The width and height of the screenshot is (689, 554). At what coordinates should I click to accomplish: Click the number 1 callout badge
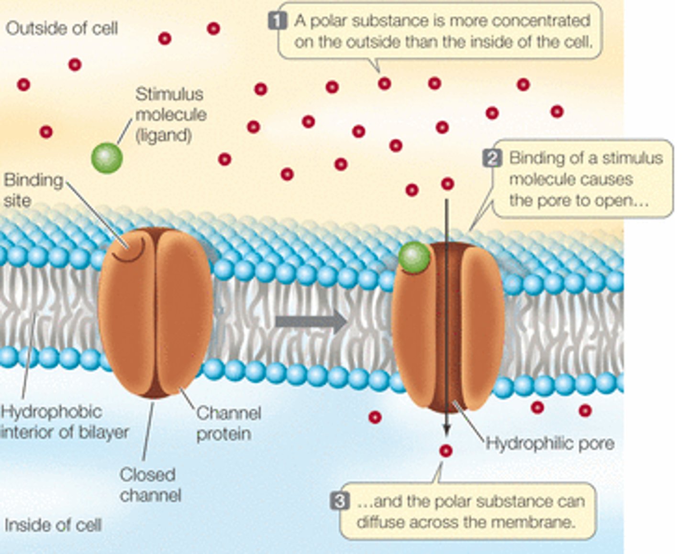pos(277,21)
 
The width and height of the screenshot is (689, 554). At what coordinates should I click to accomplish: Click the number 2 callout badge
pos(492,158)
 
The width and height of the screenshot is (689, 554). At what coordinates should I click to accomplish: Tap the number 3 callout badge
pos(339,501)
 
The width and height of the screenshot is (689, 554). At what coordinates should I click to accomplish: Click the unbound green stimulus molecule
pos(107,158)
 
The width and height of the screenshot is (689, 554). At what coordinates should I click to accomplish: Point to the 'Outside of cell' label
pos(62,28)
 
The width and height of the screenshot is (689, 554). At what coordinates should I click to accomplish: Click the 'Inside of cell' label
pos(53,525)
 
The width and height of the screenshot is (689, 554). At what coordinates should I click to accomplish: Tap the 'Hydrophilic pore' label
pos(550,443)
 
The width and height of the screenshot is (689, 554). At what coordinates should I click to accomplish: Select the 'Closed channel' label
pos(150,485)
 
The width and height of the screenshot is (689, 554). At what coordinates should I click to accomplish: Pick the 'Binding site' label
pos(33,190)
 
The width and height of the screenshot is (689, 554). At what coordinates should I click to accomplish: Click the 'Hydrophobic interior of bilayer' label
pos(64,422)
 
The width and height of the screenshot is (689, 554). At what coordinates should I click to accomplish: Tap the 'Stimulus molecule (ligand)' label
pos(170,115)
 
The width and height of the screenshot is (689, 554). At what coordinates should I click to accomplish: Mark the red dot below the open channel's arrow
pos(445,451)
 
